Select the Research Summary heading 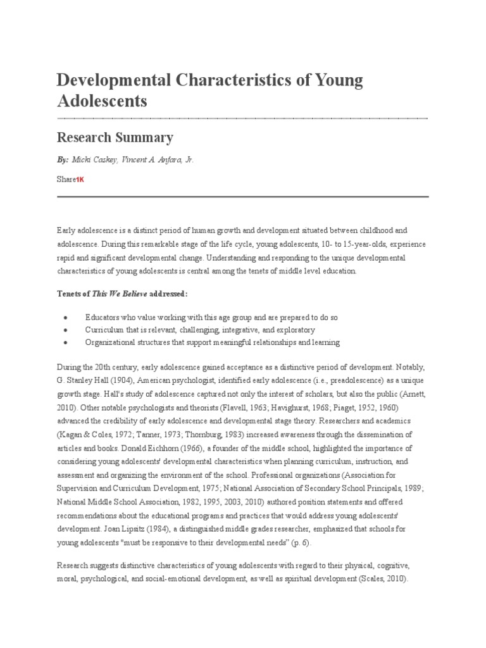tap(115, 137)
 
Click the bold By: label tap(63, 161)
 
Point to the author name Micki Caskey tap(94, 161)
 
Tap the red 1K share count tap(80, 180)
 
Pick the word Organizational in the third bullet tap(110, 342)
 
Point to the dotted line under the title tap(242, 118)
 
